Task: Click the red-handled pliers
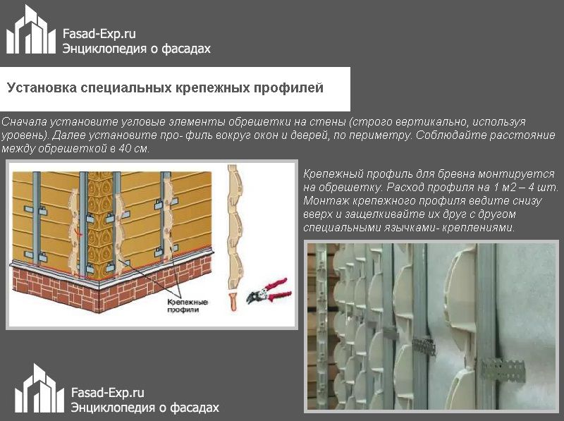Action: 269,291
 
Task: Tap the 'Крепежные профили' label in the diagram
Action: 188,305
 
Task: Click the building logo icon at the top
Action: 31,30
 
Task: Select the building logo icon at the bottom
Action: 39,389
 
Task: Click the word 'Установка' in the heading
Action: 42,88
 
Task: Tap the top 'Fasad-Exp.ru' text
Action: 99,34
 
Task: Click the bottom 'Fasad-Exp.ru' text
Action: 108,393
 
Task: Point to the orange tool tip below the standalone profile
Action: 234,302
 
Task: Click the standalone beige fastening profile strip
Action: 235,227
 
